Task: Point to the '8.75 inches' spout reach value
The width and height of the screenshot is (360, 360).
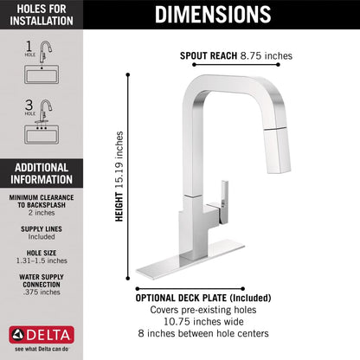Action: click(x=268, y=55)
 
